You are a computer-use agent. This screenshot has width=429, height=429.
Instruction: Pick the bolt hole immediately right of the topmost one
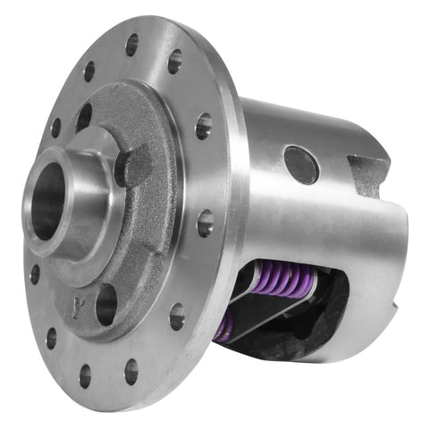click(x=174, y=61)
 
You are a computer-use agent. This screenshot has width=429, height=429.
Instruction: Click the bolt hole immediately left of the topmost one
click(x=90, y=71)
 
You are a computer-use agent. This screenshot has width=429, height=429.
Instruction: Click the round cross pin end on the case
click(x=301, y=164)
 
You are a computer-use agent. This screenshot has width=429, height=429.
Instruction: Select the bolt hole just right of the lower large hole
click(x=177, y=315)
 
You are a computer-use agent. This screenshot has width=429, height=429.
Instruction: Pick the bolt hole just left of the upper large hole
click(x=55, y=128)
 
